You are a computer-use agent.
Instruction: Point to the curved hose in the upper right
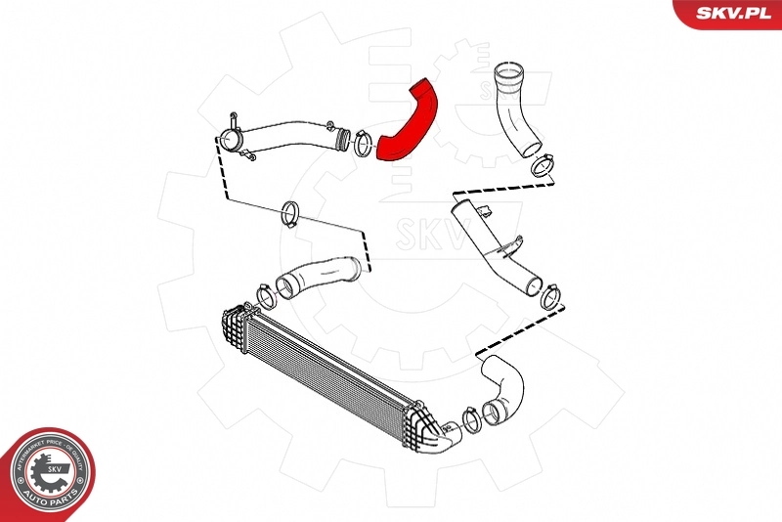515,108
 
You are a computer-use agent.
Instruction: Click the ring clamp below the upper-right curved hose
540,167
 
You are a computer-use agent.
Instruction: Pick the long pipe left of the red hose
288,138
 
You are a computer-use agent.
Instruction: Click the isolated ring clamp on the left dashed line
288,213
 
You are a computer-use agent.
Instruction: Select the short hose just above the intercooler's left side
318,276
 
